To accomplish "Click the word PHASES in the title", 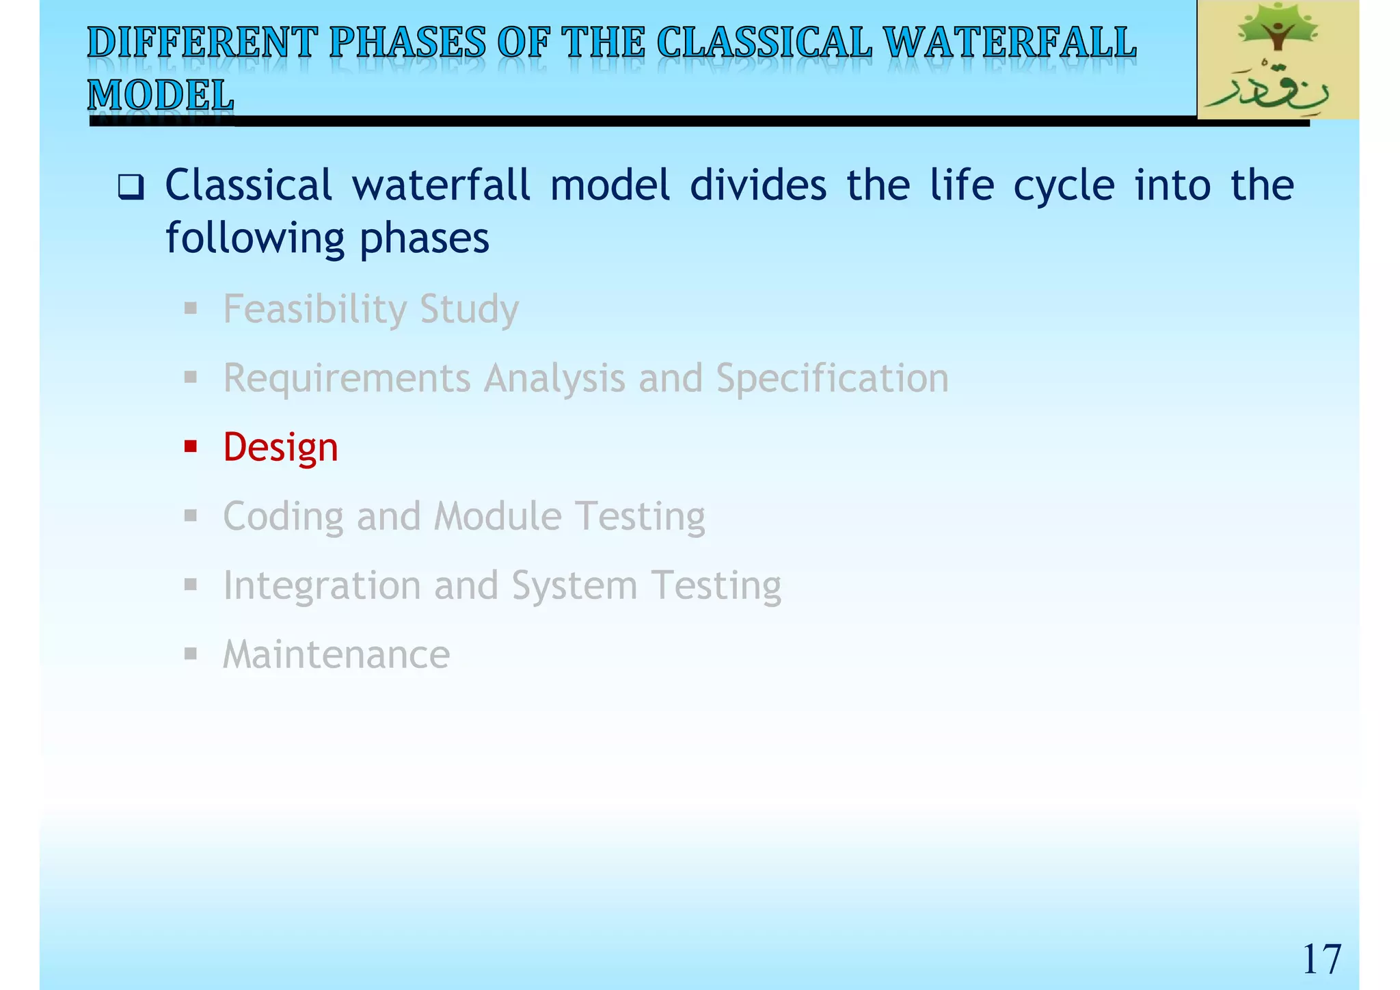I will coord(407,42).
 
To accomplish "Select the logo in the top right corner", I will coord(1277,60).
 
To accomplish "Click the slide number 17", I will coord(1321,959).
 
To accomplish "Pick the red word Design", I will coord(280,448).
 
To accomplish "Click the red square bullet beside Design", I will coord(191,447).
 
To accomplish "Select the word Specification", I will coord(832,378).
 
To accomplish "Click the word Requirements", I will coord(347,379).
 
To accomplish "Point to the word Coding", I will coord(283,517).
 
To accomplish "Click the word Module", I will coord(497,516).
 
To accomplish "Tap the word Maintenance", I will coord(336,654).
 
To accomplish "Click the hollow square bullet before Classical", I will coord(130,187).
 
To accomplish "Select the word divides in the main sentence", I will coord(757,185).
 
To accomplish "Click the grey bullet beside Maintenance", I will coord(191,654).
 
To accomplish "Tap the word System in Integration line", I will coord(574,587).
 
